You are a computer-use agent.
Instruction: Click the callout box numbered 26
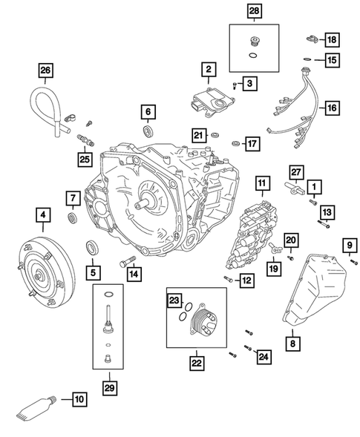pyautogui.click(x=46, y=72)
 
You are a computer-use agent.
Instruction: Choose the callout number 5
pyautogui.click(x=94, y=272)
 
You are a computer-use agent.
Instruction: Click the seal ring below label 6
pyautogui.click(x=149, y=132)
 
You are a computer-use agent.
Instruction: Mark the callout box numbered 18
pyautogui.click(x=331, y=39)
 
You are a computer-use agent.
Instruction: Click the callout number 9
pyautogui.click(x=347, y=246)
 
